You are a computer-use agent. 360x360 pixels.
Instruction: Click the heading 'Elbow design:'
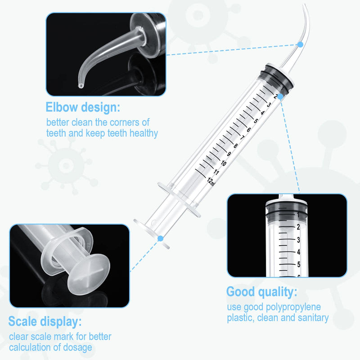pos(83,108)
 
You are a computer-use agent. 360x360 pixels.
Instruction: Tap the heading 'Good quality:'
pos(261,292)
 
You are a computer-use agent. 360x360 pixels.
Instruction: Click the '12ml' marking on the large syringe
pos(211,181)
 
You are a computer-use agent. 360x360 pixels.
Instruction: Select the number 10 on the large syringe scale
pos(223,163)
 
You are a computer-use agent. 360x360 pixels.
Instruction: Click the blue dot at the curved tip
pos(300,44)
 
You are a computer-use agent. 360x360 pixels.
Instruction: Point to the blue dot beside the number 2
pos(280,96)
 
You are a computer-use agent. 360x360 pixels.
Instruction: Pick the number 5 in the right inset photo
pos(298,264)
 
